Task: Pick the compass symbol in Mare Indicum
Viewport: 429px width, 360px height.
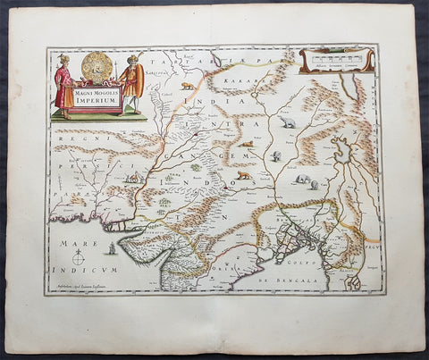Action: (x=79, y=260)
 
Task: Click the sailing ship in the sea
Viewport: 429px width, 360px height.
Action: (x=110, y=247)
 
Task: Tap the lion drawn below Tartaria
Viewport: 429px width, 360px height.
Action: (x=186, y=87)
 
